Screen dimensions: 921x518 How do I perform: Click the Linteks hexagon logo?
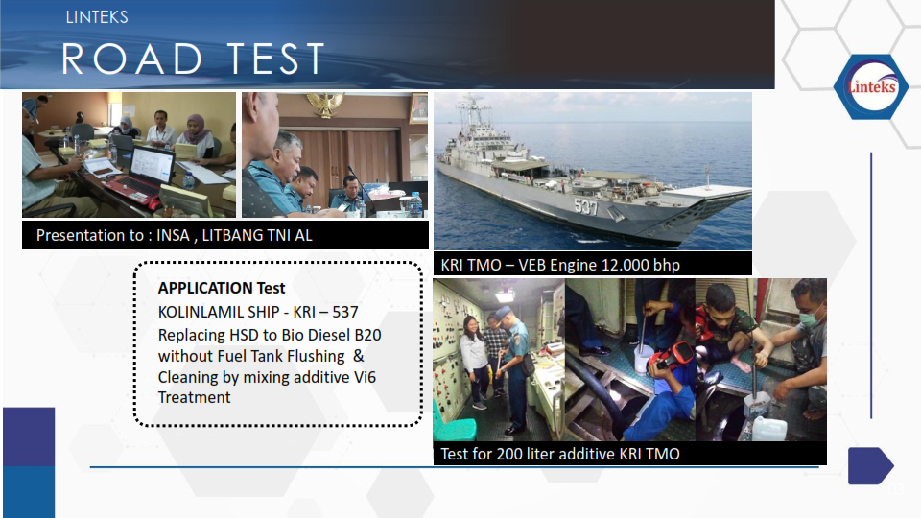pos(872,87)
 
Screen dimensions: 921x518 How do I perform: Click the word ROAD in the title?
pos(132,59)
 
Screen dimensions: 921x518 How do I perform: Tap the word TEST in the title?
pos(276,59)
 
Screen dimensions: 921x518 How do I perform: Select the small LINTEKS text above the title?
pos(97,17)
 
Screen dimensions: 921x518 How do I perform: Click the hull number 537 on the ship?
pos(585,207)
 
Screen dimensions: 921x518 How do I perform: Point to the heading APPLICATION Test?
pos(222,288)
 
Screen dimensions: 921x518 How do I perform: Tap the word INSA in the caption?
pos(173,236)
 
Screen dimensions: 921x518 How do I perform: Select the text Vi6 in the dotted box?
pos(365,377)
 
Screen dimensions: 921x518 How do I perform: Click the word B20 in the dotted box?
pos(367,335)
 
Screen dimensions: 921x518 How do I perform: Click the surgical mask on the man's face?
pos(810,319)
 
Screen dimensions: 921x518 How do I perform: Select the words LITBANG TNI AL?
pos(257,236)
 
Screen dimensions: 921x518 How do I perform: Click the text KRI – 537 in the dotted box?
pos(325,312)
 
